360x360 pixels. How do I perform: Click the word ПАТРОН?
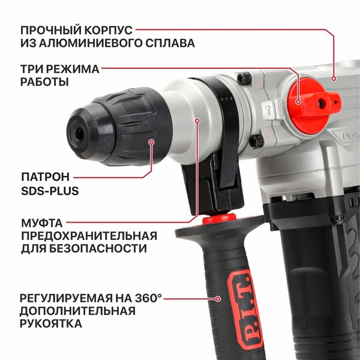click(45, 177)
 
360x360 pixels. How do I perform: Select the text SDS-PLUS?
click(50, 191)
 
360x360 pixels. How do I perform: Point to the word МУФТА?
click(42, 223)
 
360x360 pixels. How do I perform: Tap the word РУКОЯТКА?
click(51, 323)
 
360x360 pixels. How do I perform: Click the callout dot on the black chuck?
click(151, 142)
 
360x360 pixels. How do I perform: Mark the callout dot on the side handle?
click(218, 299)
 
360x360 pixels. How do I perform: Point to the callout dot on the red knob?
click(298, 101)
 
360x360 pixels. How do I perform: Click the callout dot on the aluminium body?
click(334, 79)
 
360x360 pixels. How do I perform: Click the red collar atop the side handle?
click(219, 218)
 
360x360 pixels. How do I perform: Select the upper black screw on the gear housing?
click(244, 78)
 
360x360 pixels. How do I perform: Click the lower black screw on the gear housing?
click(256, 140)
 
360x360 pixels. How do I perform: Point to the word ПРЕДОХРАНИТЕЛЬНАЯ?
click(89, 236)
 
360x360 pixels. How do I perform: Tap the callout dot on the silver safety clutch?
click(197, 121)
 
